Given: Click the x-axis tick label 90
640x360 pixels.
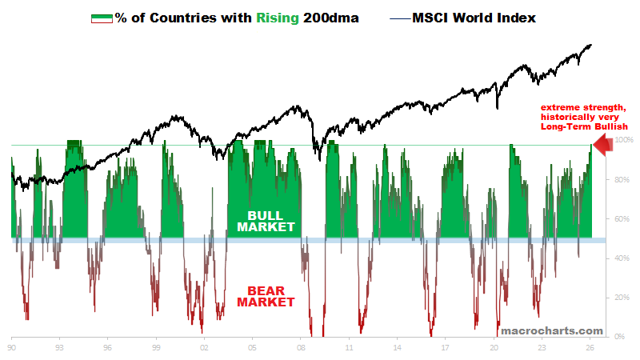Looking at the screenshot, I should point(12,349).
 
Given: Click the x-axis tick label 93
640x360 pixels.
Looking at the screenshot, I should point(60,349).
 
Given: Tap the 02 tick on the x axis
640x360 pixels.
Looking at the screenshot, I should point(205,349).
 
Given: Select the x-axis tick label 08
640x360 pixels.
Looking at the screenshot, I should point(301,349).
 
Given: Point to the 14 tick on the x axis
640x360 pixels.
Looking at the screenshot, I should point(398,349).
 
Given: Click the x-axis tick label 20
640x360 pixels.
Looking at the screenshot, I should point(494,349).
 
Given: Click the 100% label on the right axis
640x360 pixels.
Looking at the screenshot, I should point(622,141).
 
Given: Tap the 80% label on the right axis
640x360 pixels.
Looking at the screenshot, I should point(621,180).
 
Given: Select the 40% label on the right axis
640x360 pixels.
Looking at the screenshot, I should point(621,258).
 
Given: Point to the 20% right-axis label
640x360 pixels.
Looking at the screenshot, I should point(621,298).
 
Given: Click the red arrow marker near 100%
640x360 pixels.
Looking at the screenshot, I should point(603,143).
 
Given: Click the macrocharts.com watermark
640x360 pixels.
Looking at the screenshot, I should point(551,330).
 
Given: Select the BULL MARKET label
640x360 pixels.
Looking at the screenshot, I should point(266,222).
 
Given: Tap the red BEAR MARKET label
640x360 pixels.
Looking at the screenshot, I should point(266,296).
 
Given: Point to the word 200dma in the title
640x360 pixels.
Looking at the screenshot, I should point(331,17).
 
